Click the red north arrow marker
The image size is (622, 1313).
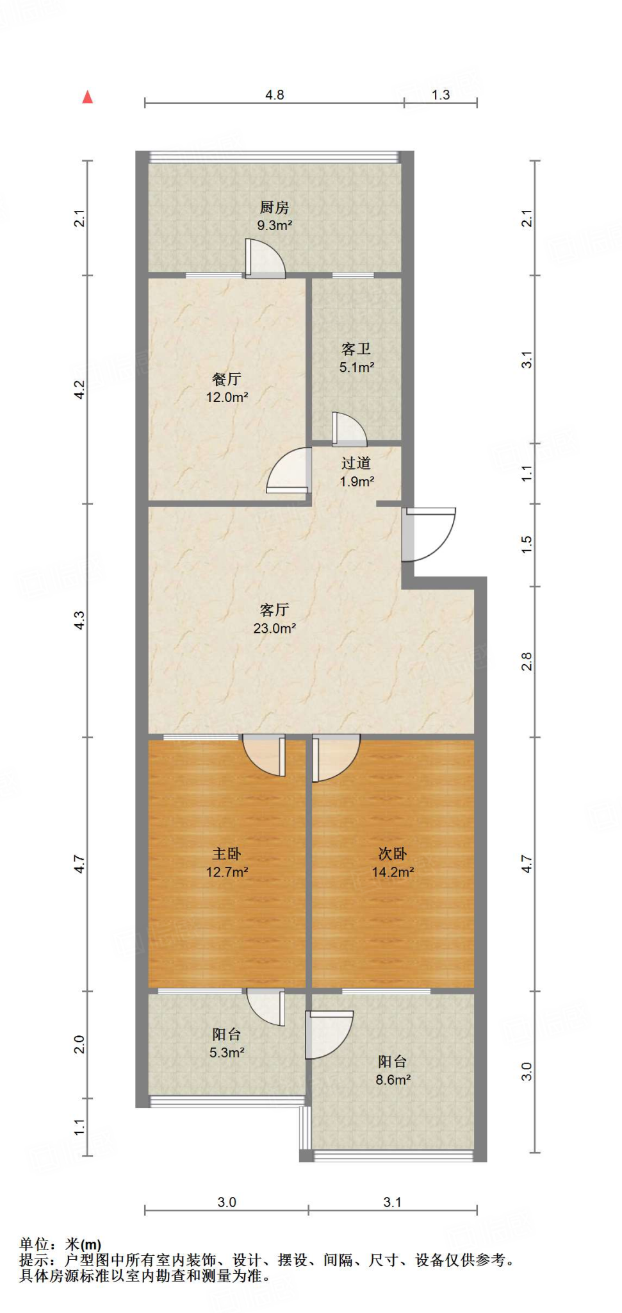click(88, 97)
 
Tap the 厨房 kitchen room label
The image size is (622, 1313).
click(274, 207)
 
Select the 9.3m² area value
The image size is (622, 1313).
click(274, 226)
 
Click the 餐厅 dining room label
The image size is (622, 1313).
click(227, 379)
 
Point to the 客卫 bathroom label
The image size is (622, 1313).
click(356, 349)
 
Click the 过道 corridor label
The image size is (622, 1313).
click(356, 463)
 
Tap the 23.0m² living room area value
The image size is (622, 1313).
click(274, 628)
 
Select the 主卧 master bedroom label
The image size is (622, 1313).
click(227, 853)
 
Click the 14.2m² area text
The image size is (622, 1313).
click(393, 872)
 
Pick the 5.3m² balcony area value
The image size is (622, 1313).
click(227, 1052)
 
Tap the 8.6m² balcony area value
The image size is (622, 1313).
click(393, 1080)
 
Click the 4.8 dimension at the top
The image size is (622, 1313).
click(274, 95)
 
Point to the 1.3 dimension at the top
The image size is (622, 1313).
click(441, 95)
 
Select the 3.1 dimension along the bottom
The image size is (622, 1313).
click(393, 1202)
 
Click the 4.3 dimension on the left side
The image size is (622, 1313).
click(79, 620)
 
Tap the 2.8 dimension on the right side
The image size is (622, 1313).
click(527, 661)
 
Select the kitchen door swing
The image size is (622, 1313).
click(265, 258)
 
